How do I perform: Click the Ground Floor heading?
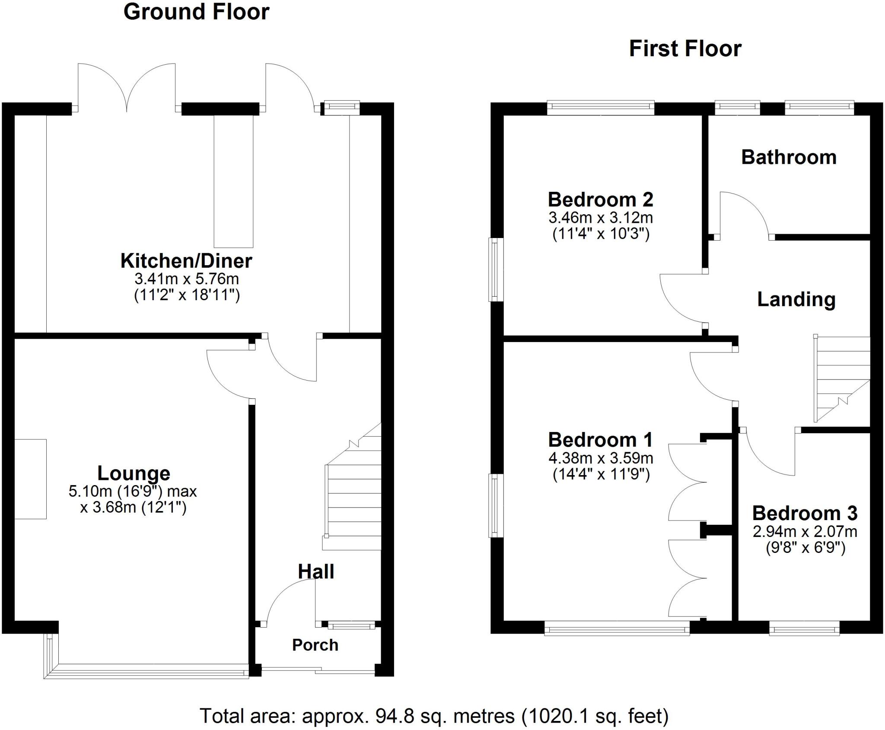point(196,12)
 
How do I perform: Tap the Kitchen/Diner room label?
point(186,261)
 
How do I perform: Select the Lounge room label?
point(134,473)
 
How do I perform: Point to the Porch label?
point(315,645)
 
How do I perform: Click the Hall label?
point(316,572)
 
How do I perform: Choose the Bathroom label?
point(789,157)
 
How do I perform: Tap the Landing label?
point(796,300)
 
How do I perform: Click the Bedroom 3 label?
point(805,514)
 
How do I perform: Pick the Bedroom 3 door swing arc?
point(769,458)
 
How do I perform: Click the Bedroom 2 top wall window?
point(601,108)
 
